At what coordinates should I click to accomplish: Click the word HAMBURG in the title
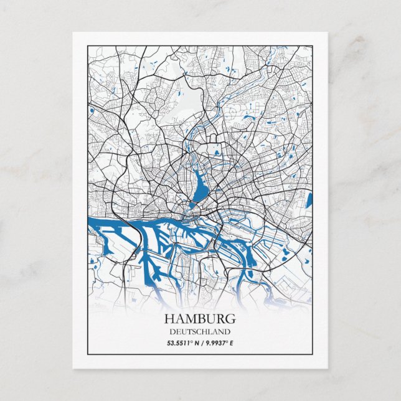pos(200,319)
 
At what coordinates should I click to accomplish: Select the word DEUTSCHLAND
pos(200,332)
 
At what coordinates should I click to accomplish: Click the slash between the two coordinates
pos(200,342)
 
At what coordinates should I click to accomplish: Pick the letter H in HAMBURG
pos(169,319)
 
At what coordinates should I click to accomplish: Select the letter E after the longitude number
pos(232,342)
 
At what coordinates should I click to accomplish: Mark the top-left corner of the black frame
pos(88,45)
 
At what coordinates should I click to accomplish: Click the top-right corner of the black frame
pos(313,45)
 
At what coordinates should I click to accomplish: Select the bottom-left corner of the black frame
pos(88,354)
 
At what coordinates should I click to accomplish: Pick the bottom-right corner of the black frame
pos(313,354)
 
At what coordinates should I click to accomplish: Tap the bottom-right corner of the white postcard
pos(328,368)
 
